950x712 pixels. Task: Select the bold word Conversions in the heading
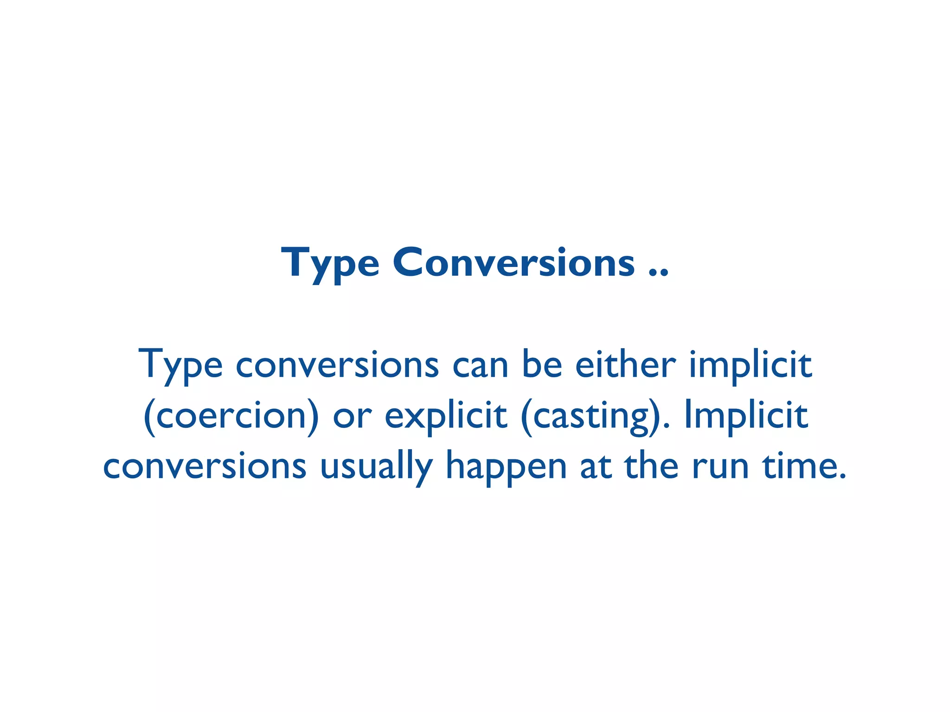[514, 263]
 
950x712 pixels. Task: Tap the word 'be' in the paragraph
[542, 365]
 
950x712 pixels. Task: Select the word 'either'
[625, 365]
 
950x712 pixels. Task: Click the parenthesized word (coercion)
[231, 416]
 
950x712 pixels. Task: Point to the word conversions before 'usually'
[205, 467]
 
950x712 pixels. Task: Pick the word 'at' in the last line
[595, 467]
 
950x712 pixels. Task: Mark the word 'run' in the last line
[720, 467]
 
